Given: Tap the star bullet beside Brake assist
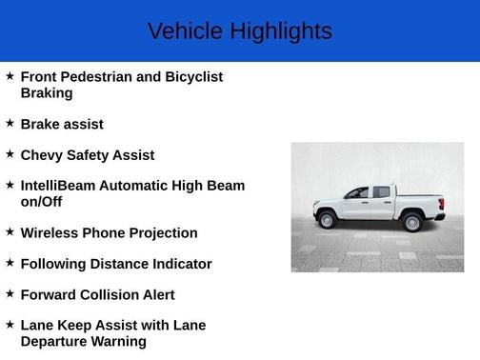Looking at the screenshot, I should point(10,123).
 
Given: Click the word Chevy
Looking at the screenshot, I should point(43,154).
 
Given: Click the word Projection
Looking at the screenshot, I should point(159,232).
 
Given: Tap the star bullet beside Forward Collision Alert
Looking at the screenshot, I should point(10,293).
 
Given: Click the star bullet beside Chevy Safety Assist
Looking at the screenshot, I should point(10,153).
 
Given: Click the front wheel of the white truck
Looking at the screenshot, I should point(329,220).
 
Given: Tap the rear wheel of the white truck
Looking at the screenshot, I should point(412,222).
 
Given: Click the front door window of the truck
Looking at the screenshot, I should point(359,192).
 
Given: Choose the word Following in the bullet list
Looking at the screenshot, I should point(56,264).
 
